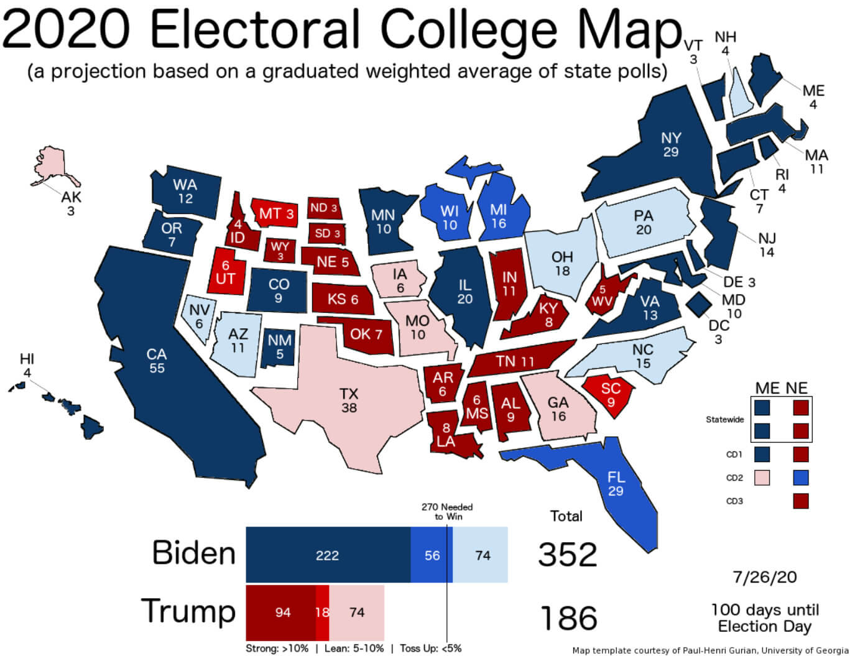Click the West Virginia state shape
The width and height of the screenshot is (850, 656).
click(x=603, y=295)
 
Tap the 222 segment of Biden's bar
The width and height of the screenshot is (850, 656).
click(x=328, y=555)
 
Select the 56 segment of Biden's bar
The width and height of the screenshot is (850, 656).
click(x=432, y=555)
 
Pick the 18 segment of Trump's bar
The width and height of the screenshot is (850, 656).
click(x=322, y=612)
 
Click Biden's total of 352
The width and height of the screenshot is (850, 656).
click(x=567, y=555)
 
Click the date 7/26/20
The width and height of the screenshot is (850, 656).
click(x=764, y=577)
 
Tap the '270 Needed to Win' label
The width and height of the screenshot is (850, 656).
click(x=447, y=512)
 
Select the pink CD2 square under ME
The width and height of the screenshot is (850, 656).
click(x=761, y=478)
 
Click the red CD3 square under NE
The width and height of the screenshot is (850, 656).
click(x=801, y=501)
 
